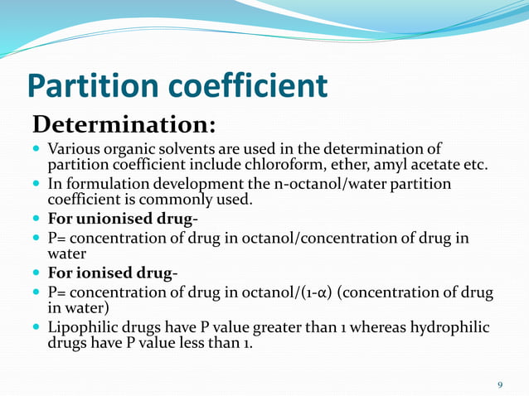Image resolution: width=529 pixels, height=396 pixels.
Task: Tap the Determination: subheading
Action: click(x=124, y=126)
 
